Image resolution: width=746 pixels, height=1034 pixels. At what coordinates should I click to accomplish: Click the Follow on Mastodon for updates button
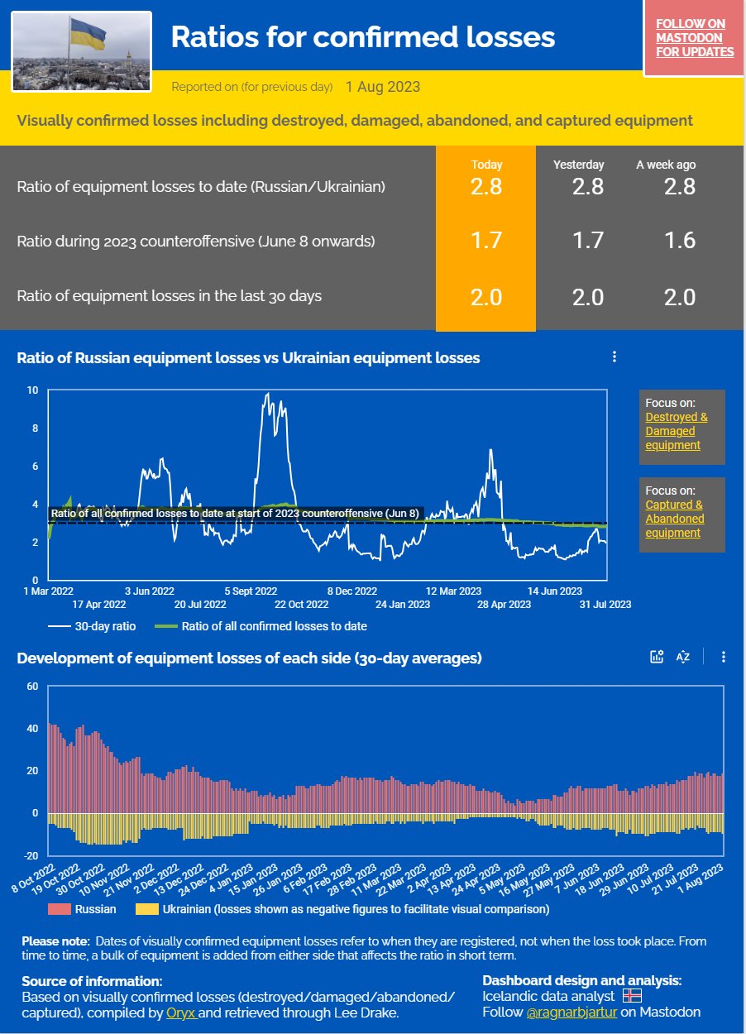[694, 39]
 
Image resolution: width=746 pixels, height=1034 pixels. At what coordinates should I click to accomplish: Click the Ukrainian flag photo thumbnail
[82, 51]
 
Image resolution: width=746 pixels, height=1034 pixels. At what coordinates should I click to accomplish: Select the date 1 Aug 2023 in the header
[383, 87]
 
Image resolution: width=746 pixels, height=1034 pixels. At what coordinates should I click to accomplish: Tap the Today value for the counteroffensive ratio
[485, 241]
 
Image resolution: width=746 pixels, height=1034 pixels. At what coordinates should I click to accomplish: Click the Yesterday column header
[578, 165]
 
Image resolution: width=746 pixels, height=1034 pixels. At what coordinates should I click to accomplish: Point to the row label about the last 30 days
[170, 296]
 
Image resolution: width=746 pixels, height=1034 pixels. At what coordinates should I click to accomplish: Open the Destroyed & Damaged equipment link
[676, 431]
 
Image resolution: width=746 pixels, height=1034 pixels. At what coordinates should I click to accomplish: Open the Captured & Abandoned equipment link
[674, 519]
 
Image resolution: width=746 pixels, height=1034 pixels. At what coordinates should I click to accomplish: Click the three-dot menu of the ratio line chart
[614, 357]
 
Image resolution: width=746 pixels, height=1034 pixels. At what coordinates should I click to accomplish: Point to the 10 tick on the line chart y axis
[32, 390]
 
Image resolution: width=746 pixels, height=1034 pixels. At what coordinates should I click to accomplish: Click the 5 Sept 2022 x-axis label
[251, 591]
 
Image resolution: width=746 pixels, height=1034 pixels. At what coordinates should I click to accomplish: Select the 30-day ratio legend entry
[92, 626]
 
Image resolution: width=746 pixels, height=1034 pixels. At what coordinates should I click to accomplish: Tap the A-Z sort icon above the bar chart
[682, 657]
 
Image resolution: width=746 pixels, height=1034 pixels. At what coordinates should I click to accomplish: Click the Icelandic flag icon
[632, 996]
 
